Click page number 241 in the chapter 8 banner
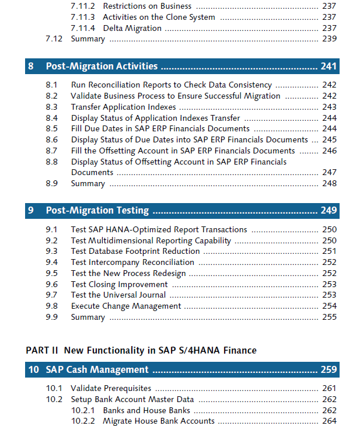[328, 66]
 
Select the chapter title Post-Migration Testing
[97, 211]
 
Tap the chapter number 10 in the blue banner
[34, 369]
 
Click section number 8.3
[51, 107]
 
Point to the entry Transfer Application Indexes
[123, 107]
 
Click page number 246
[329, 151]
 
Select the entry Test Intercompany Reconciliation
[132, 263]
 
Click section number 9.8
[51, 306]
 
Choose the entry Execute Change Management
[126, 306]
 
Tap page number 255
[329, 317]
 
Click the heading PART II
[42, 351]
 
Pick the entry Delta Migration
[132, 29]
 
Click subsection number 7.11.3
[83, 17]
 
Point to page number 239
[329, 39]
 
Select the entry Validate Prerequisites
[111, 389]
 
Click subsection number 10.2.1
[83, 410]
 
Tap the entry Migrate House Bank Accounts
[159, 421]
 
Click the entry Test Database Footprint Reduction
[135, 252]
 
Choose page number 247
[329, 172]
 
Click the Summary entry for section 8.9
[88, 184]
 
